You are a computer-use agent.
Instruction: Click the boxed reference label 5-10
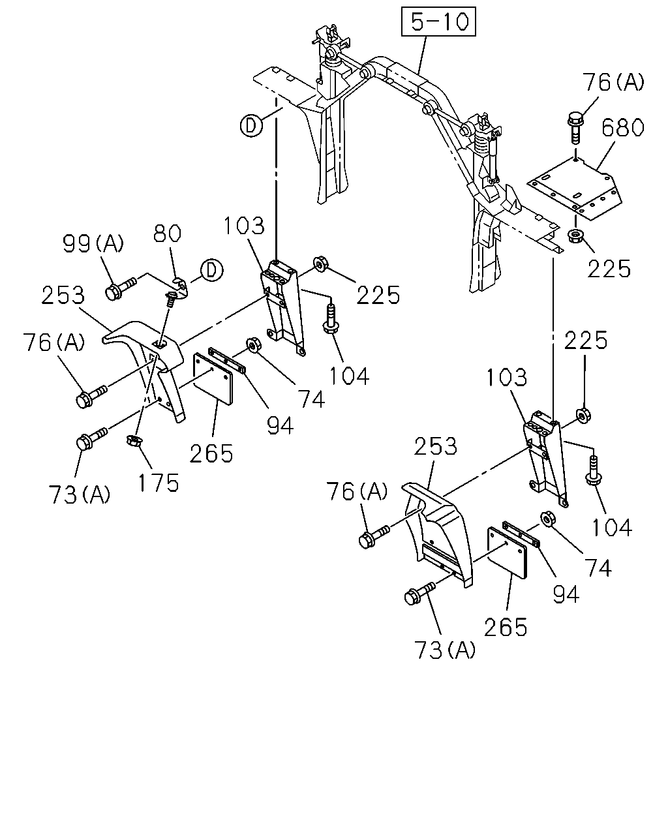(x=438, y=22)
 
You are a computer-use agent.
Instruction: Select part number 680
(x=622, y=128)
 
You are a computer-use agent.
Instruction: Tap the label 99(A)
(x=93, y=244)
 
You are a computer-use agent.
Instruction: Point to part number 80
(x=167, y=234)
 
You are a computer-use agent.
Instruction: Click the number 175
(x=159, y=483)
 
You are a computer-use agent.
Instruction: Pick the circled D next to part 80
(x=211, y=270)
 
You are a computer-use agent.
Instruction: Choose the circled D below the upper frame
(x=251, y=126)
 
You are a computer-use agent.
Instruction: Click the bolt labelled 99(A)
(x=120, y=288)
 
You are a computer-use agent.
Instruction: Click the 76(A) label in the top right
(x=613, y=83)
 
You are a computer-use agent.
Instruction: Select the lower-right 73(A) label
(x=445, y=650)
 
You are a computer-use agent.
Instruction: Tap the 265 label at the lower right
(x=506, y=627)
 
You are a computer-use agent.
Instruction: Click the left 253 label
(x=63, y=295)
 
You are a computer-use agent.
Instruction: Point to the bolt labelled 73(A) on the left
(x=92, y=438)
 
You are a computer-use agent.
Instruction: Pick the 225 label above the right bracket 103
(x=586, y=341)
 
